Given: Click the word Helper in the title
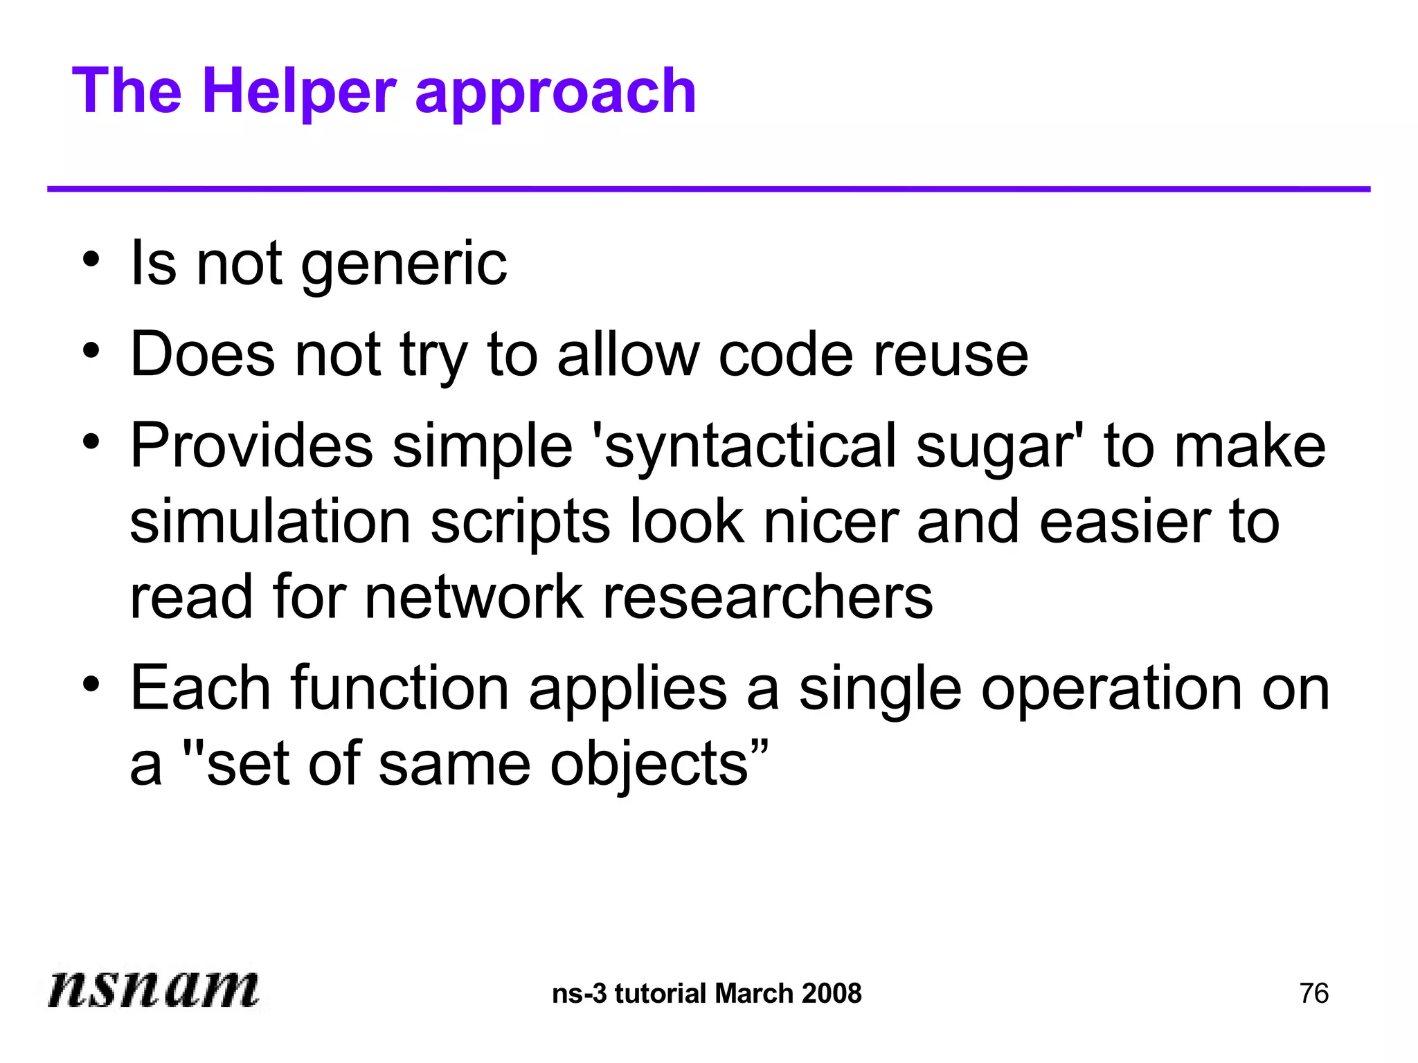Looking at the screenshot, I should (299, 91).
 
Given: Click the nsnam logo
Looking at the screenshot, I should (153, 988).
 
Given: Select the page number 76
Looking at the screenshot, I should (1313, 994).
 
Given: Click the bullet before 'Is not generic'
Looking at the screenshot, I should (91, 261).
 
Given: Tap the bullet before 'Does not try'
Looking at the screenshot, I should (91, 351).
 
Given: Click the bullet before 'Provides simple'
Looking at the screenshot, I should (91, 441).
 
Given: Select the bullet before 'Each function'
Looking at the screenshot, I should (91, 684).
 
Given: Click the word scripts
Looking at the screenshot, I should (520, 525).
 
